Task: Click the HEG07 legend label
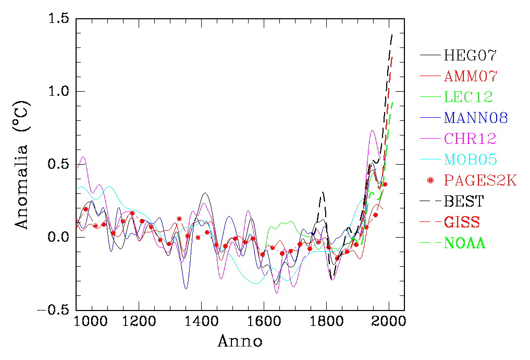[x=470, y=55]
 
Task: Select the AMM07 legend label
[x=471, y=76]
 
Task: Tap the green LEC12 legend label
[x=468, y=97]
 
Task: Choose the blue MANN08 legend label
[x=476, y=118]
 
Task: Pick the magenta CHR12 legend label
[x=470, y=139]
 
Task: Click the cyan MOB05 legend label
[x=470, y=159]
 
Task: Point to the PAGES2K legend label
[x=480, y=180]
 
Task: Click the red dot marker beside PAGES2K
[x=430, y=180]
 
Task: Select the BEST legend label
[x=464, y=201]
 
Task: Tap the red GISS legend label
[x=462, y=222]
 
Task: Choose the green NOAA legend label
[x=464, y=243]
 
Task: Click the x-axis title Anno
[x=240, y=342]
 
